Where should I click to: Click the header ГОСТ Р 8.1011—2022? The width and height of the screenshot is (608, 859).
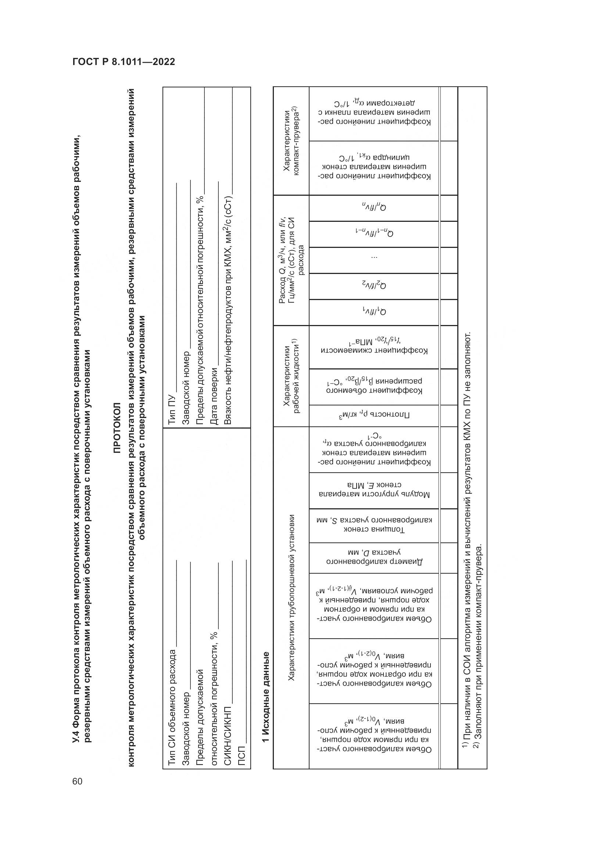[124, 62]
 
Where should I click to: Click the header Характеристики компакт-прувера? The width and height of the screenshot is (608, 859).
[291, 141]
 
